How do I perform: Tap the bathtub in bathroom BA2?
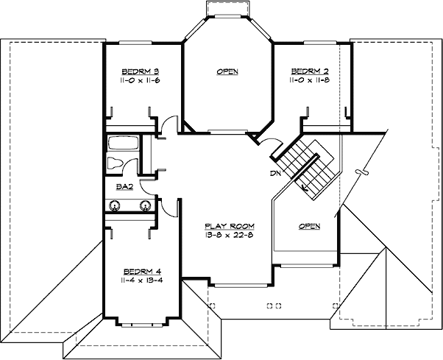pyautogui.click(x=121, y=143)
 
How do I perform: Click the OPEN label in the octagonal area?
pyautogui.click(x=227, y=71)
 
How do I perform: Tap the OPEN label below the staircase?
pyautogui.click(x=309, y=226)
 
